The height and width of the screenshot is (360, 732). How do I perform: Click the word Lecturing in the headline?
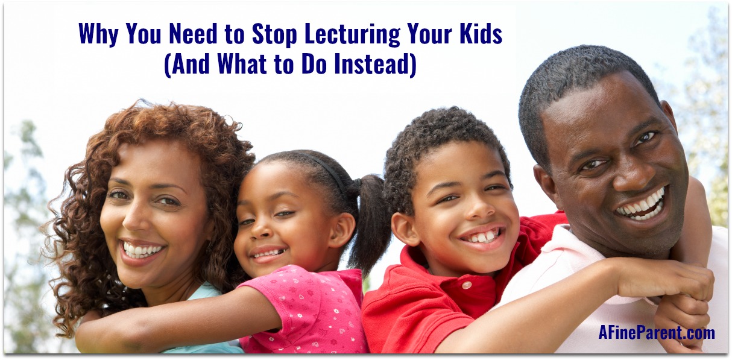point(353,34)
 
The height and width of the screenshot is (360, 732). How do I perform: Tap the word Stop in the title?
point(274,34)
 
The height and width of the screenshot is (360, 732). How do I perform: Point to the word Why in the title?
point(98,34)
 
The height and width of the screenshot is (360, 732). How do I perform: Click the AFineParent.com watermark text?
point(657,333)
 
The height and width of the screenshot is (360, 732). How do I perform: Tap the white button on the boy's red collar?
point(467,285)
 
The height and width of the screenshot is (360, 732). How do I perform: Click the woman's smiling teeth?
point(142,250)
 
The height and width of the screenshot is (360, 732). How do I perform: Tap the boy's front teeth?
point(482,236)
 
